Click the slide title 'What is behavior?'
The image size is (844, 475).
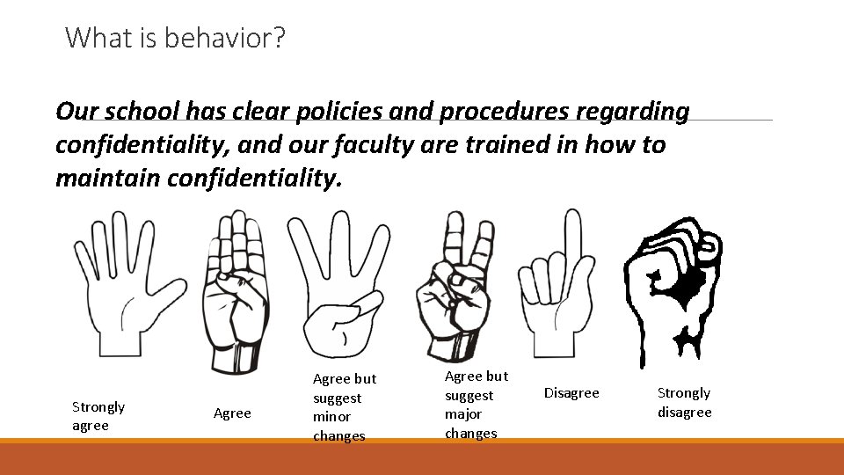[175, 38]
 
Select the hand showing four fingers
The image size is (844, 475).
[233, 290]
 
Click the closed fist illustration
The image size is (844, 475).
[672, 286]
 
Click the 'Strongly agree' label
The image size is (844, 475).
[98, 416]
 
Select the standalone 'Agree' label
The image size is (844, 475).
[232, 413]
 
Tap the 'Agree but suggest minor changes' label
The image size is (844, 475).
[344, 406]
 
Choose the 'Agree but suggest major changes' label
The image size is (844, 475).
[476, 405]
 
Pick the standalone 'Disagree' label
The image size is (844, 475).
[571, 393]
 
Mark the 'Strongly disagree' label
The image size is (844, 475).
[684, 402]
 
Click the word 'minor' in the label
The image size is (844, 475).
[331, 417]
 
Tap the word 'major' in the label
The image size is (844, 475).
[463, 414]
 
